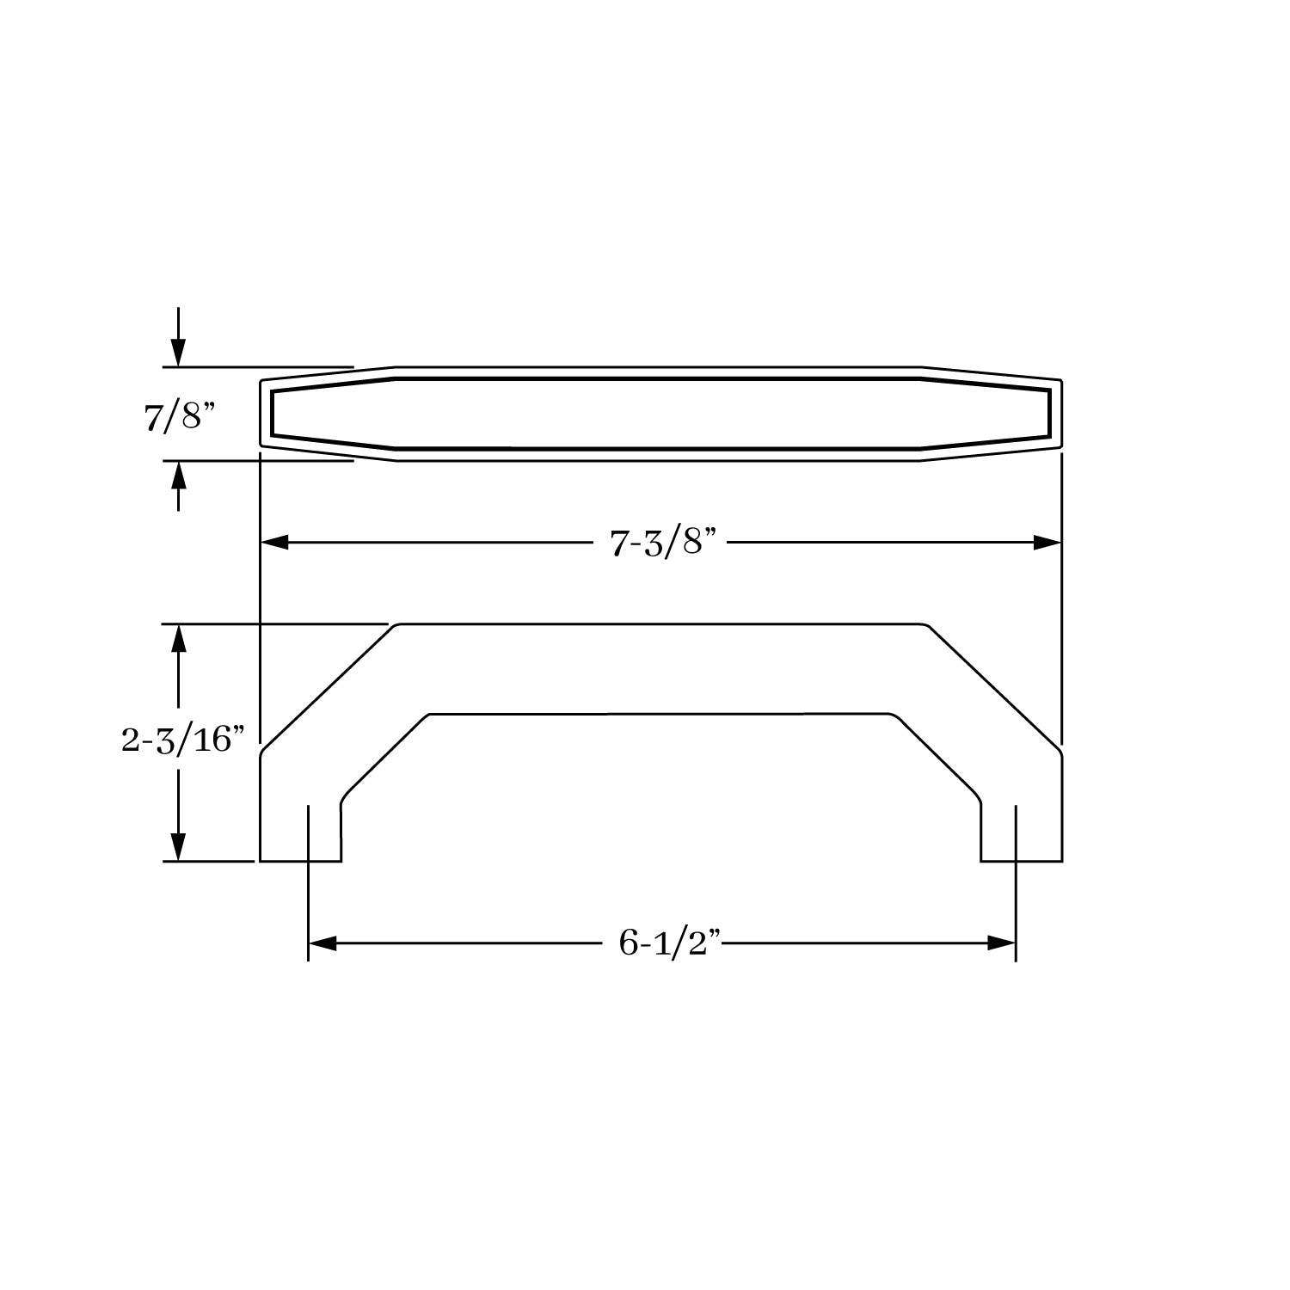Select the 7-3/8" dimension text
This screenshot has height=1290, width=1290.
coord(663,544)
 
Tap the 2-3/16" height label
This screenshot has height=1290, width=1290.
coord(178,740)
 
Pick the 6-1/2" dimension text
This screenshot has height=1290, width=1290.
coord(663,943)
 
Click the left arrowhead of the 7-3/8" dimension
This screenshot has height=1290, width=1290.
coord(273,543)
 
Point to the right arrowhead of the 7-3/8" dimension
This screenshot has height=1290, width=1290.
coord(1047,543)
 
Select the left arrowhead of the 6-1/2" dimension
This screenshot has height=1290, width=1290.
coord(322,943)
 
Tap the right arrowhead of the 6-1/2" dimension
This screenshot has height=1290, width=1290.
coord(1003,943)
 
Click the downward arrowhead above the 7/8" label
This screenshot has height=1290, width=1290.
coord(178,353)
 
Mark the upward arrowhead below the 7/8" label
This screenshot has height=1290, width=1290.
coord(178,475)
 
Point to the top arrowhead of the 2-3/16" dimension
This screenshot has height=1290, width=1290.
coord(178,638)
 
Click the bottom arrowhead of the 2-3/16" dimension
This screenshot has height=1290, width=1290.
coord(178,846)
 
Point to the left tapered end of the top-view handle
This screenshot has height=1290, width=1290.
coord(327,414)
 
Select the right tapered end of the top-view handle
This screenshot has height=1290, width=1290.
coord(989,414)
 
